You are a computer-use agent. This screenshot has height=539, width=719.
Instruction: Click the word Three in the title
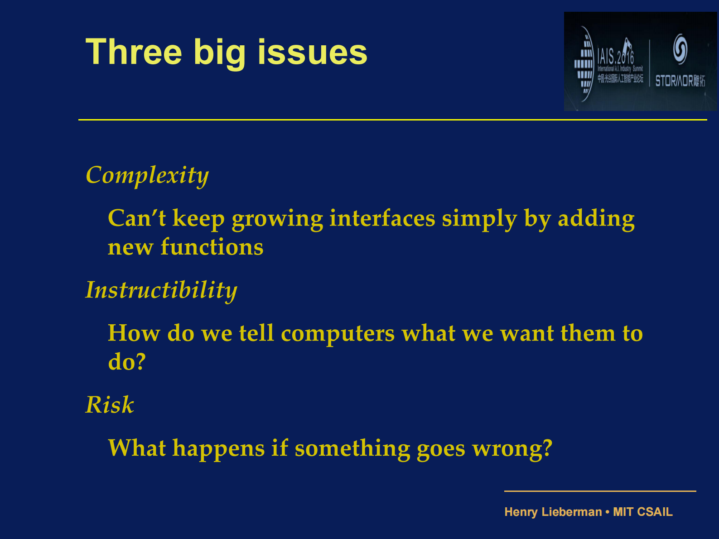(x=134, y=52)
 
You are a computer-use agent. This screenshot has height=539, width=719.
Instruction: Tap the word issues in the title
(x=312, y=52)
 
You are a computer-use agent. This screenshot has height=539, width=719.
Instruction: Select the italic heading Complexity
(x=147, y=176)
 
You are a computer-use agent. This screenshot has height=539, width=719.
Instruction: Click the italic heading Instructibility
(x=161, y=290)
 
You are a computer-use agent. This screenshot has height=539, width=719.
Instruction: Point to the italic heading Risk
(x=110, y=405)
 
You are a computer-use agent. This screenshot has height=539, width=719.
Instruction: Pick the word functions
(x=212, y=247)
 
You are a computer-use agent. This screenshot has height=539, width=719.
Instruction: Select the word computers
(x=338, y=334)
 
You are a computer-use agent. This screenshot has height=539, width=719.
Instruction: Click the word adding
(x=596, y=219)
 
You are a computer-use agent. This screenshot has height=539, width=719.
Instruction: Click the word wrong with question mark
(x=512, y=448)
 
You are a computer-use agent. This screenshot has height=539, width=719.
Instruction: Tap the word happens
(x=218, y=448)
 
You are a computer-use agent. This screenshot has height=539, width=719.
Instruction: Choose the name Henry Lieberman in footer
(x=553, y=512)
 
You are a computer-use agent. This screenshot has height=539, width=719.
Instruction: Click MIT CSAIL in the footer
(x=642, y=512)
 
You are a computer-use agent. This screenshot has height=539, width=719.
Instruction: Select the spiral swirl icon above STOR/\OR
(x=680, y=48)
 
